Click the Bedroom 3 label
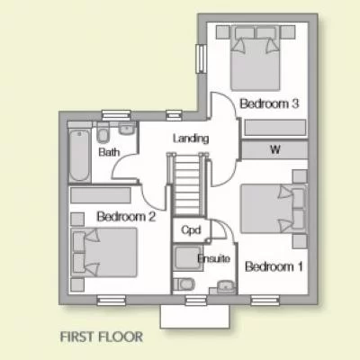pos(269,104)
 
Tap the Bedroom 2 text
pos(127,216)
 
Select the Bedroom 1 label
pos(274,266)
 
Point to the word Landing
pos(191,139)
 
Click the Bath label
pos(109,152)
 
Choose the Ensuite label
pos(214,259)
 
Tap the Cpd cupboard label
pos(190,230)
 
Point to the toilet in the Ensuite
pos(186,285)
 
